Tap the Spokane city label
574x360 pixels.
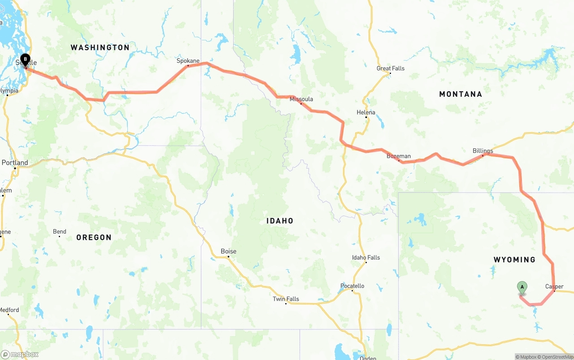(x=188, y=61)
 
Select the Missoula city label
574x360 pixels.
(x=301, y=99)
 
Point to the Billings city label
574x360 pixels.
(x=483, y=151)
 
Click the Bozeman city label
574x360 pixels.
(x=399, y=156)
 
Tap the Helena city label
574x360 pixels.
(x=366, y=113)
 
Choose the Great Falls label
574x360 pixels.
(x=391, y=69)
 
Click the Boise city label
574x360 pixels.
(x=228, y=252)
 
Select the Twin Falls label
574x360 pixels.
(x=286, y=299)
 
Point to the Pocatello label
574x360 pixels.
(x=352, y=286)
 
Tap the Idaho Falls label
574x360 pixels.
(x=366, y=257)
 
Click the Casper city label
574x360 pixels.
(x=554, y=286)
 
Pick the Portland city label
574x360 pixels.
(x=15, y=163)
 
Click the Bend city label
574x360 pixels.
(x=60, y=232)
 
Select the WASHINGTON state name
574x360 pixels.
(x=100, y=48)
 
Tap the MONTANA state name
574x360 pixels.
(x=461, y=94)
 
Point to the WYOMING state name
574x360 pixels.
(x=514, y=260)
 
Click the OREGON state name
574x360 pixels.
(x=94, y=238)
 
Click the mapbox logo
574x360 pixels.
(x=20, y=355)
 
